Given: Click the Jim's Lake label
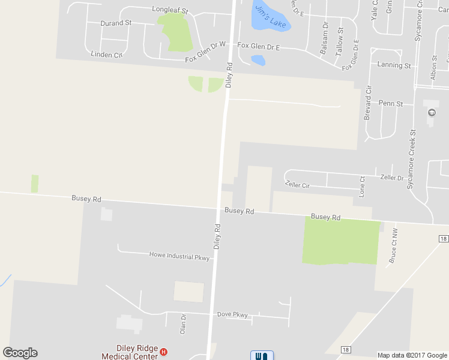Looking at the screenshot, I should click(270, 16).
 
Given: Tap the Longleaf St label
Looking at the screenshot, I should click(170, 10).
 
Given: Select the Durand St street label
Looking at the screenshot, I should click(117, 23).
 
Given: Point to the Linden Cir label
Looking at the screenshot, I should click(106, 54).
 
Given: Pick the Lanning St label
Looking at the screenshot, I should click(394, 65).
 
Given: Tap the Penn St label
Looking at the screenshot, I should click(391, 103).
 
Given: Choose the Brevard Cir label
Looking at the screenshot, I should click(368, 103).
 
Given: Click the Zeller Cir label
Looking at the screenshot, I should click(298, 185).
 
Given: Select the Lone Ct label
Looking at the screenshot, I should click(361, 187).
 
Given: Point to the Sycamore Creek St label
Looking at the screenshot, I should click(411, 159).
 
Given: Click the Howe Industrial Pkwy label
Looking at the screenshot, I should click(179, 256).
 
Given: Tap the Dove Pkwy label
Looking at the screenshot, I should click(232, 314).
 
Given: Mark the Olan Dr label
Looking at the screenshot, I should click(183, 324).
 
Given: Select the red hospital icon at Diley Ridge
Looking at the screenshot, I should click(163, 352).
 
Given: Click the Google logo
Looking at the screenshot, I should click(20, 353).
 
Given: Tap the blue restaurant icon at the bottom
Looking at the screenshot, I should click(262, 356).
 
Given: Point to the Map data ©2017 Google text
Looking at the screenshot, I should click(412, 355).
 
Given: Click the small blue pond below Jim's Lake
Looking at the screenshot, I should click(258, 60).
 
